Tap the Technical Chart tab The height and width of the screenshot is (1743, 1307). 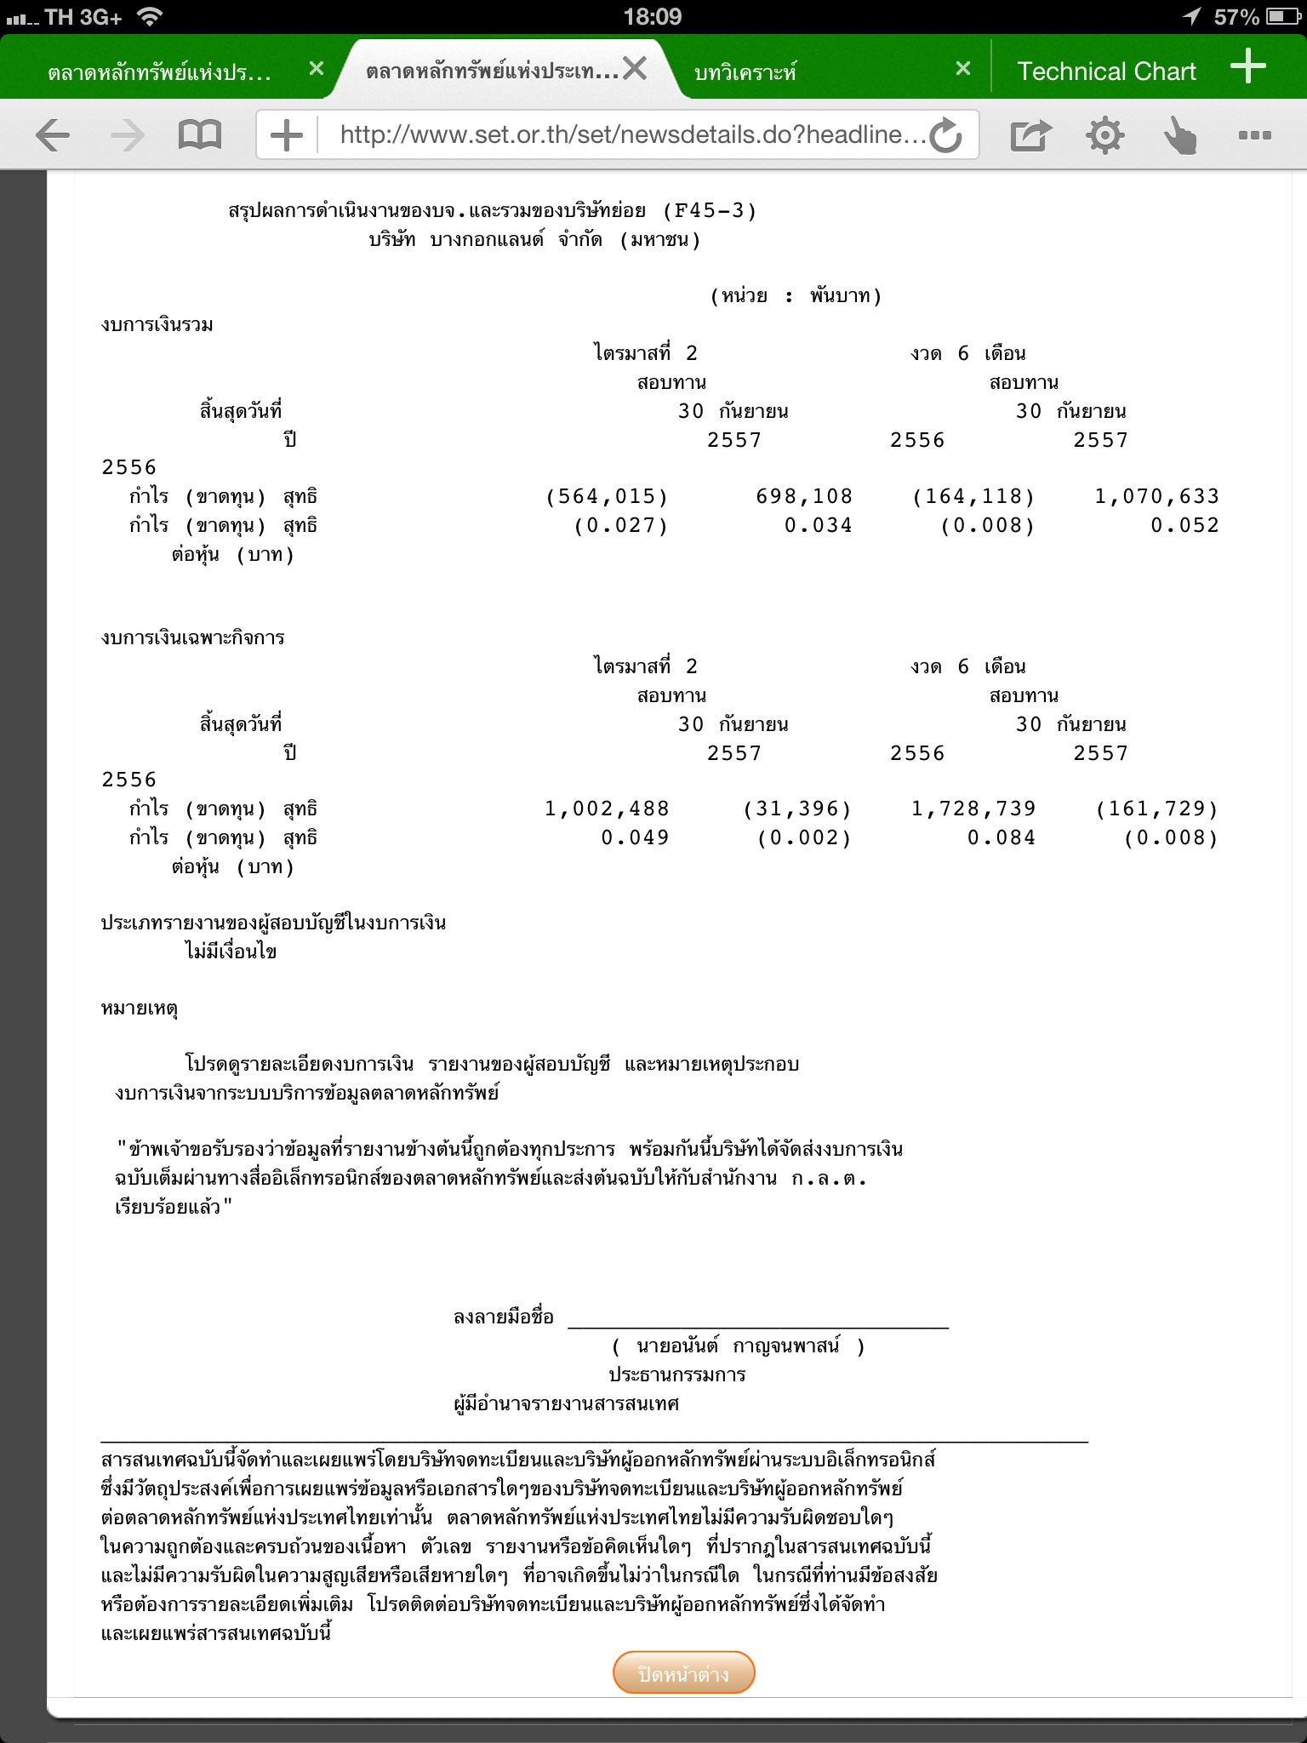click(1106, 71)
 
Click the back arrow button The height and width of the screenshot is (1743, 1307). click(53, 135)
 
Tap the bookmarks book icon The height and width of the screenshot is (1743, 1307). click(199, 135)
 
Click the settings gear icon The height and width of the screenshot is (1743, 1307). click(1104, 135)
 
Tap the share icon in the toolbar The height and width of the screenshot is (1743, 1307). click(1030, 135)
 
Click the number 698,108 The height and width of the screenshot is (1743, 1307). click(804, 496)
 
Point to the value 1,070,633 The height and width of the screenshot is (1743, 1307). click(1156, 496)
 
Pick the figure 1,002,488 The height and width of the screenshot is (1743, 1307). click(607, 809)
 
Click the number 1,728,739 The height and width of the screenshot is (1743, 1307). click(973, 809)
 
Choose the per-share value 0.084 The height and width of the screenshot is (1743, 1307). click(1001, 837)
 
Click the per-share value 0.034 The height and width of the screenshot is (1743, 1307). click(818, 525)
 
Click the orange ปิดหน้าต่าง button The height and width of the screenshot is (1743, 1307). click(683, 1674)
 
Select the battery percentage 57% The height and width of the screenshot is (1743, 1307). click(1236, 17)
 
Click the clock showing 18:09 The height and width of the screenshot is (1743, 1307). click(653, 17)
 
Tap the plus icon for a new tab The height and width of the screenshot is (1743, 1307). click(1248, 66)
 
